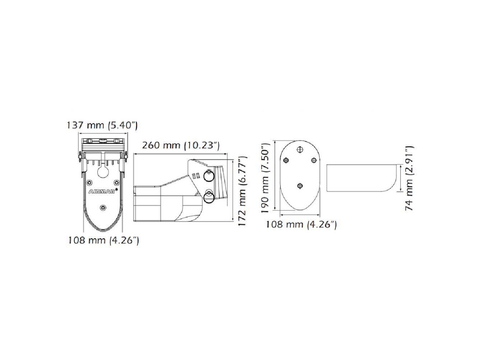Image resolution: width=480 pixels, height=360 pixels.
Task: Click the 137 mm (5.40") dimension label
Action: tap(102, 125)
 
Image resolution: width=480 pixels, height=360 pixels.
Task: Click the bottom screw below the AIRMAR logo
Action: tap(103, 207)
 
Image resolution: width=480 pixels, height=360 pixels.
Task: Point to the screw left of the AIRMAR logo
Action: tap(89, 182)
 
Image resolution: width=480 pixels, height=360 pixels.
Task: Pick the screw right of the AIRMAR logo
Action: tap(116, 182)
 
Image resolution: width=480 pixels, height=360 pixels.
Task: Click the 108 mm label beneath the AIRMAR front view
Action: tap(104, 240)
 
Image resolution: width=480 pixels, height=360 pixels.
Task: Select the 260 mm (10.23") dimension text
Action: tap(181, 145)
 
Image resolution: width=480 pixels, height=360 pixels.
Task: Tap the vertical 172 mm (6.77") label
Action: tap(242, 191)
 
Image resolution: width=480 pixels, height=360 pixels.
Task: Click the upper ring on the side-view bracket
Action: tap(209, 176)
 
